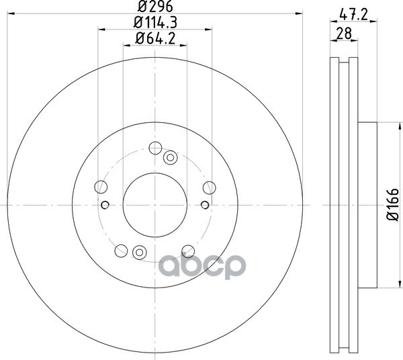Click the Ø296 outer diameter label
pyautogui.click(x=155, y=6)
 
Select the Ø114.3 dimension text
pyautogui.click(x=155, y=23)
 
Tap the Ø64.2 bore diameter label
pyautogui.click(x=155, y=38)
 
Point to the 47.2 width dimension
pyautogui.click(x=354, y=15)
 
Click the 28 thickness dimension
pyautogui.click(x=344, y=34)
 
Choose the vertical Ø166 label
pyautogui.click(x=393, y=205)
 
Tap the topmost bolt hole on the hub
pyautogui.click(x=155, y=148)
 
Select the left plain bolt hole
pyautogui.click(x=101, y=187)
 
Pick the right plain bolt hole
pyautogui.click(x=209, y=187)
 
